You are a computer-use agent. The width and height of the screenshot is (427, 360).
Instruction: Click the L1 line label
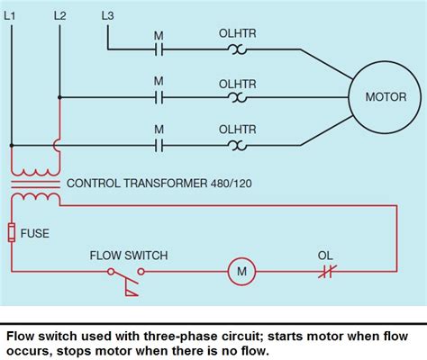[12, 15]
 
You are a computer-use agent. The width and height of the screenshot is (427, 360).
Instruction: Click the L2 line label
[59, 15]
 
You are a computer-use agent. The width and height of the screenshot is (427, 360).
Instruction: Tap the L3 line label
[107, 15]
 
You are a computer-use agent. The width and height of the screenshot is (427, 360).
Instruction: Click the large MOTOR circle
[385, 96]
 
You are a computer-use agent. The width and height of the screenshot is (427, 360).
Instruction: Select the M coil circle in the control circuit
[241, 270]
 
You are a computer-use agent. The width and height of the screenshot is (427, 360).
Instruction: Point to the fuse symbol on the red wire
[12, 233]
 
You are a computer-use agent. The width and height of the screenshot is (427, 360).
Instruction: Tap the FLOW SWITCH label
[128, 256]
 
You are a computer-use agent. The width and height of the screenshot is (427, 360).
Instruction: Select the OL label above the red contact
[325, 256]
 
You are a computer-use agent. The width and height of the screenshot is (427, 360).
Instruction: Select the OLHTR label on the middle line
[238, 83]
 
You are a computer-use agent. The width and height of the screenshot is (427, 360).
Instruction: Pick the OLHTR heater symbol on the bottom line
[238, 144]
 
